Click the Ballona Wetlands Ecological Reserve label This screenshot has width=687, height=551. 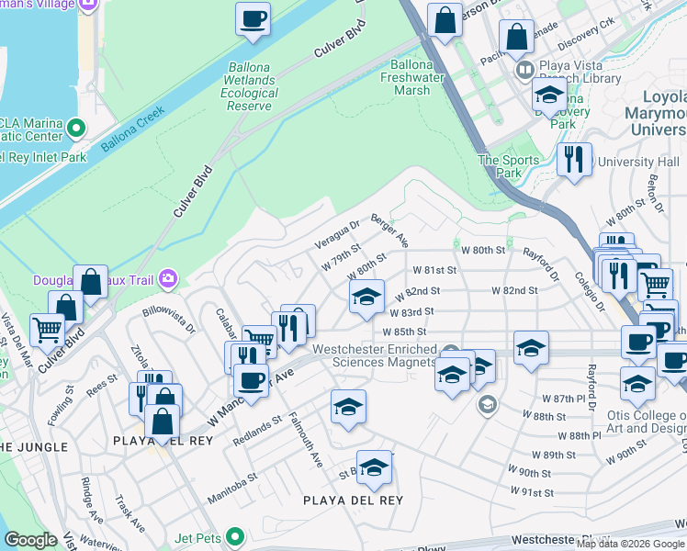tap(251, 80)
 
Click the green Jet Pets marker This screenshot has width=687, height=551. tap(236, 534)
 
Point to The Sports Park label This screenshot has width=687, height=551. tap(501, 165)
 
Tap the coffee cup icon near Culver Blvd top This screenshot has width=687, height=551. tap(253, 19)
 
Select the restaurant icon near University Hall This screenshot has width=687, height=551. tap(574, 160)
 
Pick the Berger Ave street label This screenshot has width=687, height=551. tap(389, 231)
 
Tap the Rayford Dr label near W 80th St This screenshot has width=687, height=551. tap(541, 264)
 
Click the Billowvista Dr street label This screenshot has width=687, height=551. tap(169, 318)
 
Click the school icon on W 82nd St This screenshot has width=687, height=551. tap(366, 298)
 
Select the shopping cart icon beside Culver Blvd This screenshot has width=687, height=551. tap(47, 329)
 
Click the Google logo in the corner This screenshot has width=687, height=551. tap(29, 540)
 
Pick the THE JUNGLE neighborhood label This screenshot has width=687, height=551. tap(33, 446)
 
